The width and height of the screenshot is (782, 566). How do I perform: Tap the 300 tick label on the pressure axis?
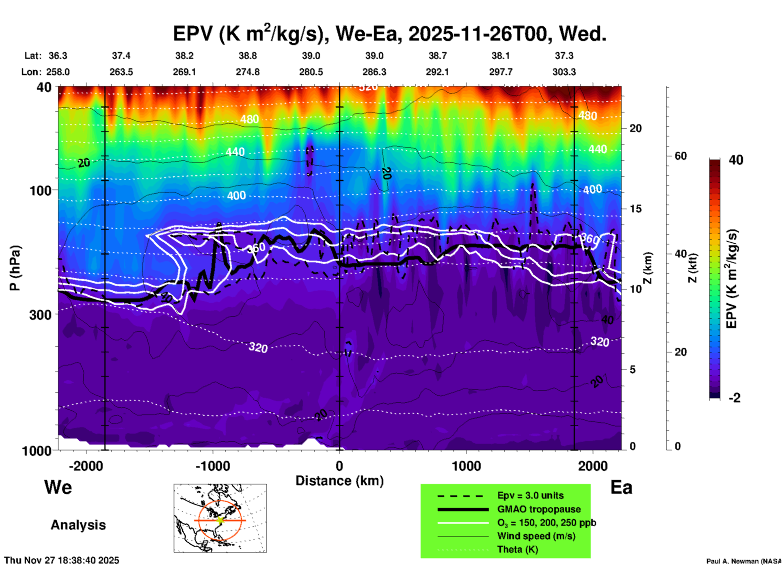click(41, 315)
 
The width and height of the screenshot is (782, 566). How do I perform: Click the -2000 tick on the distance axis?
click(86, 466)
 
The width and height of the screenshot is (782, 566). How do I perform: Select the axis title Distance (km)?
click(339, 481)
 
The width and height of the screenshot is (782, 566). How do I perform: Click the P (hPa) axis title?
click(15, 268)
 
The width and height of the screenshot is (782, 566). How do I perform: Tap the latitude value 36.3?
click(58, 56)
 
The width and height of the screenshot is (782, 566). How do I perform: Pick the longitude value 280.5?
click(311, 72)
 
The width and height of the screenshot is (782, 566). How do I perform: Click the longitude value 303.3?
click(564, 72)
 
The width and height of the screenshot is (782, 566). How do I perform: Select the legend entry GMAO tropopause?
click(539, 509)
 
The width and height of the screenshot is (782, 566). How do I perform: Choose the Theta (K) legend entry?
click(517, 549)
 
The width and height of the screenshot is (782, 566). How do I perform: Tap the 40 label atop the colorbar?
click(736, 160)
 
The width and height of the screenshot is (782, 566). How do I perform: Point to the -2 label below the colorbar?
click(734, 398)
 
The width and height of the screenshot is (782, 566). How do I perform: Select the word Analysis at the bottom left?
click(78, 525)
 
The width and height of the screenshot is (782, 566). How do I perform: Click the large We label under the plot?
click(58, 487)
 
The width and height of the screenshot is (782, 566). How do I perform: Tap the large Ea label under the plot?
click(621, 487)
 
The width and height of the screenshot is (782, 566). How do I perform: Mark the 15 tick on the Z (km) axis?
click(635, 209)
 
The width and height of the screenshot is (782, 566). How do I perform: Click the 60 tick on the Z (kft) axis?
click(680, 156)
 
